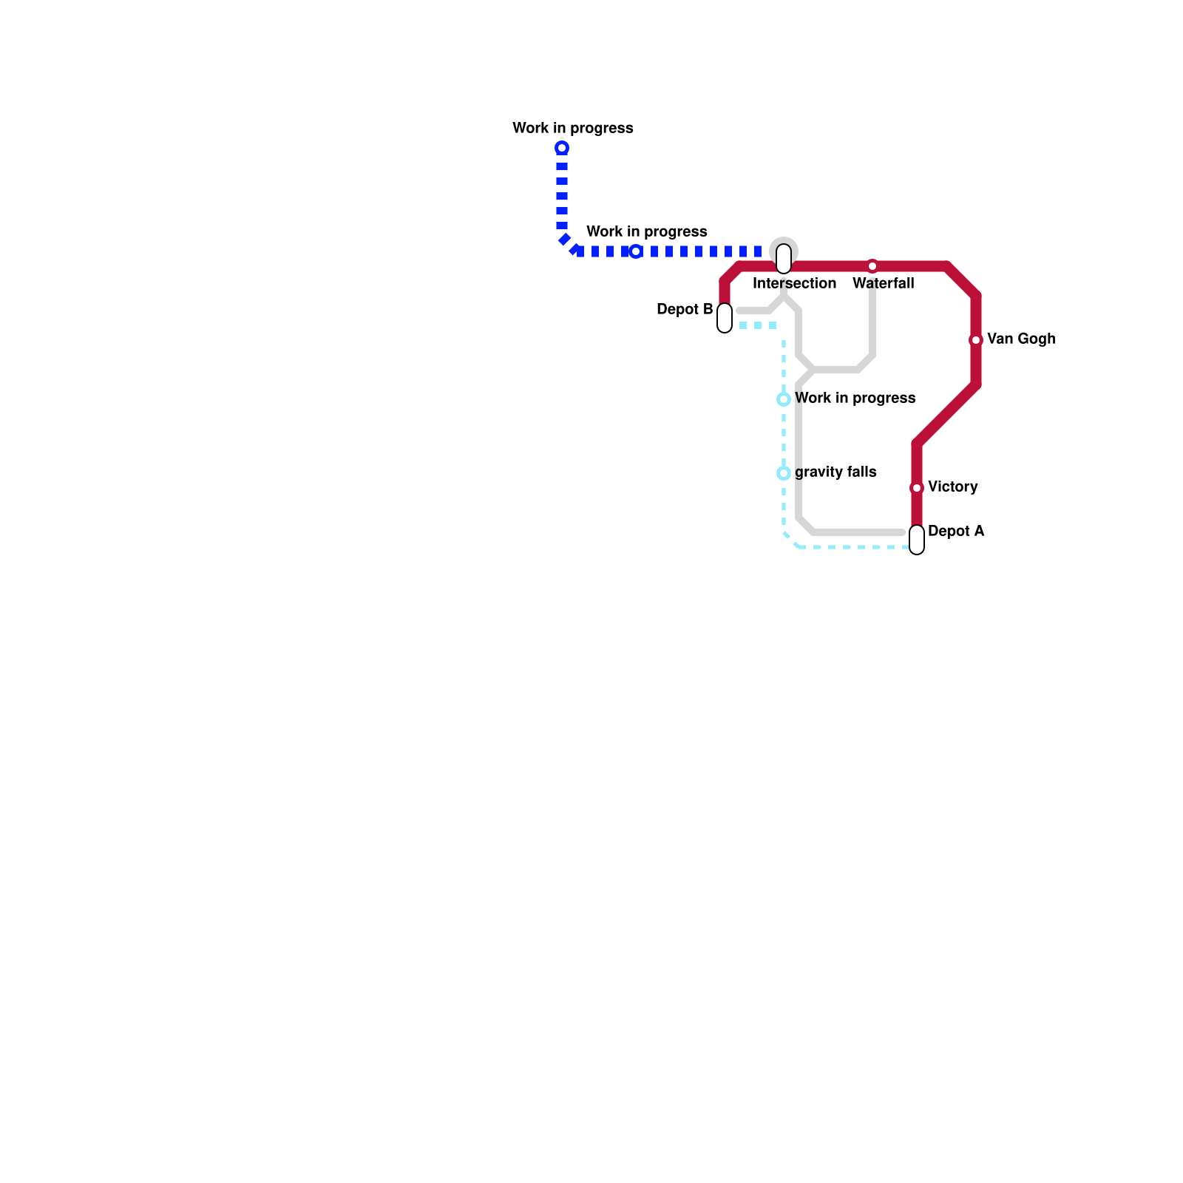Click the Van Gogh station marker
tap(976, 340)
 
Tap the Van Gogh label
tap(1020, 339)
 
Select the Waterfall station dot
tap(872, 266)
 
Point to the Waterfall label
tap(883, 284)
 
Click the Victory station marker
tap(917, 488)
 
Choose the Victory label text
tap(952, 487)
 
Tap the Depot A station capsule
tap(917, 540)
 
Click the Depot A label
tap(955, 532)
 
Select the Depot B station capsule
tap(725, 318)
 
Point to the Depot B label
tap(684, 310)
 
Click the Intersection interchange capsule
tap(784, 259)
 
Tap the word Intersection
tap(794, 284)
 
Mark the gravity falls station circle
tap(784, 473)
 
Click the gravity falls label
tap(835, 472)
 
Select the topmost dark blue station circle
tap(562, 148)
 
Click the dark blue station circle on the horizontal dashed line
tap(636, 251)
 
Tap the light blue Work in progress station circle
tap(784, 399)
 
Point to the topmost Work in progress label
tap(572, 129)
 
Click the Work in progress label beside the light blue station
tap(855, 399)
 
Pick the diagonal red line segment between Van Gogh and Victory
tap(946, 414)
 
